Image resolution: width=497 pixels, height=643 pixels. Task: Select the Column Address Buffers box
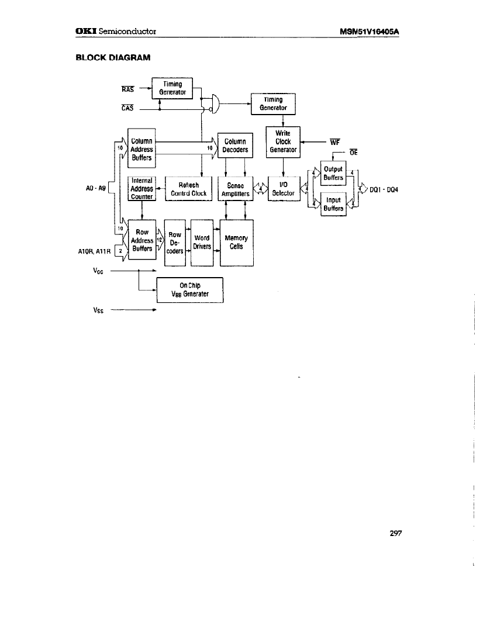pos(141,149)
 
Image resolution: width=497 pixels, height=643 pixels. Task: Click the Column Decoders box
pos(235,146)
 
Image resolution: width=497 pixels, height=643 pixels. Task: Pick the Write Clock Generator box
pos(283,141)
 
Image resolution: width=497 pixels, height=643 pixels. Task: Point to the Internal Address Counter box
pos(141,189)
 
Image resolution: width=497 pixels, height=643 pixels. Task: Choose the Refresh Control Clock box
pos(188,189)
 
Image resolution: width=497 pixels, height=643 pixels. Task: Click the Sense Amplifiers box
pos(235,189)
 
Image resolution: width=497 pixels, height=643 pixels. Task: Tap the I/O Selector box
pos(283,189)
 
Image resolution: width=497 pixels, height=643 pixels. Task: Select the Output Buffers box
pos(333,173)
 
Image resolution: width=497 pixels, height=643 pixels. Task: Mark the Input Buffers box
pos(333,203)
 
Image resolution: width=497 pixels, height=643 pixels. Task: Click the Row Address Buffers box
pos(141,240)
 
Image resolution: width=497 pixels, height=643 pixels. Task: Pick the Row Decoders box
pos(174,243)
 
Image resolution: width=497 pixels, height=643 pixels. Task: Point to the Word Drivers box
pos(202,242)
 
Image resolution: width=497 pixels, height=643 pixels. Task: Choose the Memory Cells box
pos(236,242)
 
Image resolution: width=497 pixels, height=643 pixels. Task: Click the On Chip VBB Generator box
pos(191,290)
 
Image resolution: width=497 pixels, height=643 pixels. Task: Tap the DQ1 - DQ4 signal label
pos(384,189)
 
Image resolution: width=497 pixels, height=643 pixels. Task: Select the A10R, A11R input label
pos(94,253)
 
